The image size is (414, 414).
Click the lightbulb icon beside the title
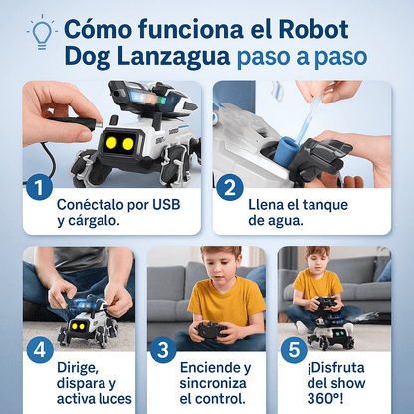(42, 32)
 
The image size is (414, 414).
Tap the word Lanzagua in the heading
(173, 57)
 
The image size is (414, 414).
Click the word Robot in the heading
(313, 29)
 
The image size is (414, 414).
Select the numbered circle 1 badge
(39, 187)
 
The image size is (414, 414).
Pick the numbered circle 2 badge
(230, 187)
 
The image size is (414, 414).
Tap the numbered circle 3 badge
(163, 350)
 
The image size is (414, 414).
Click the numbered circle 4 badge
(40, 350)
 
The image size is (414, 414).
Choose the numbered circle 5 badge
(294, 350)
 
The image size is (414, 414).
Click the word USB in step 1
(166, 205)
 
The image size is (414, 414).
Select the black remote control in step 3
(212, 330)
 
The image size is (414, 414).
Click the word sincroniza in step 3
(213, 383)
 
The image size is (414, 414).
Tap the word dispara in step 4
(83, 384)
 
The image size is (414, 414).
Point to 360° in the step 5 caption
(323, 399)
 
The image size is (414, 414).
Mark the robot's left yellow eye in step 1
(111, 142)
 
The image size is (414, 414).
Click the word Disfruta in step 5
(335, 367)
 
